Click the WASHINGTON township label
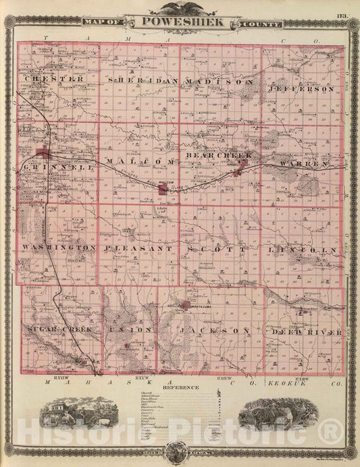click(58, 248)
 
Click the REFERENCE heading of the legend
click(180, 387)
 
